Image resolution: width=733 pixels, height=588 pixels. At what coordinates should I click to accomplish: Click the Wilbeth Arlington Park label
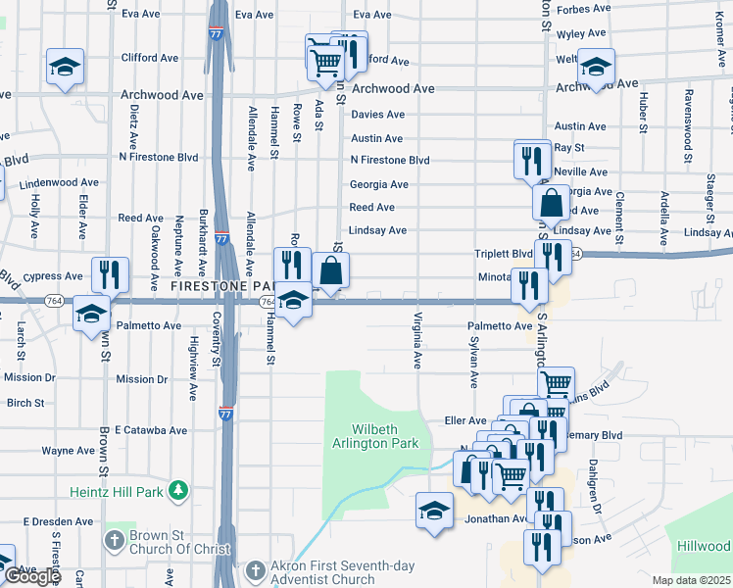pyautogui.click(x=386, y=436)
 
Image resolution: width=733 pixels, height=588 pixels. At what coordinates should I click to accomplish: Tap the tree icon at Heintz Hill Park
pyautogui.click(x=177, y=488)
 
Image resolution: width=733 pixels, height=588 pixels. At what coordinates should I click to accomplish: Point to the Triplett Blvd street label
pyautogui.click(x=504, y=253)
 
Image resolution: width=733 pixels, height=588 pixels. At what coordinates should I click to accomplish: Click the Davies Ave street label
pyautogui.click(x=377, y=115)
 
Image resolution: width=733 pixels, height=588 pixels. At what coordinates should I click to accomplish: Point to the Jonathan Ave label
pyautogui.click(x=497, y=518)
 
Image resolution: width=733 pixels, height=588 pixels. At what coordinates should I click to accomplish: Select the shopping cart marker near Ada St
pyautogui.click(x=323, y=62)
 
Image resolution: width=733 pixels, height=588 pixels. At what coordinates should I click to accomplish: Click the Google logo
pyautogui.click(x=32, y=576)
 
